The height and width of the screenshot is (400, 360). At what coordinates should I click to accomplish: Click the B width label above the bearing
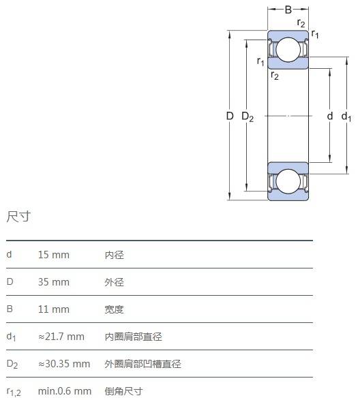coord(288,10)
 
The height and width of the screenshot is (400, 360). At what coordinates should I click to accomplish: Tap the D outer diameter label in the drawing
coord(230,116)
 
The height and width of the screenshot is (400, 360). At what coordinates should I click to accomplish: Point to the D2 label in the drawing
coord(247,117)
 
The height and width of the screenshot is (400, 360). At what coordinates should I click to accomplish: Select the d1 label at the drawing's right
coord(346,117)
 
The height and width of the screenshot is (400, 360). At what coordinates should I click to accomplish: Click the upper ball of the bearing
coord(288,50)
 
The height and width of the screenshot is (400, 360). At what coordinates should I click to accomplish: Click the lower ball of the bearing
coord(288,181)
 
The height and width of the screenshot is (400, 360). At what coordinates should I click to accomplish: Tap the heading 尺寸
coord(18,217)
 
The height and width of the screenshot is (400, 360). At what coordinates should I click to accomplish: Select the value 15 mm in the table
coord(54,255)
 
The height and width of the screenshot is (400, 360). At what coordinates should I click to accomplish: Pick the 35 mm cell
coord(54,282)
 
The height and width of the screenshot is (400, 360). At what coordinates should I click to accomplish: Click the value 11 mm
coord(54,309)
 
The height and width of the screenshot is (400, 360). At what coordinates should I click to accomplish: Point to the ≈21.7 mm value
coord(61,337)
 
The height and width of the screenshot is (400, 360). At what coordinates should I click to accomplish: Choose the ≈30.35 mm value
coord(64,364)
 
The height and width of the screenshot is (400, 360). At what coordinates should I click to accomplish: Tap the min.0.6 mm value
coord(65,391)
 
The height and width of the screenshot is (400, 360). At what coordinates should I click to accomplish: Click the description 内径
coord(114,255)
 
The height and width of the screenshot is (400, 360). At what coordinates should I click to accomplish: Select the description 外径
coord(114,282)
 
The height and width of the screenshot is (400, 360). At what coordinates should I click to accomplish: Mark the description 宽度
coord(114,309)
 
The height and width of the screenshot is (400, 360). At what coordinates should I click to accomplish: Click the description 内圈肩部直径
coord(133,337)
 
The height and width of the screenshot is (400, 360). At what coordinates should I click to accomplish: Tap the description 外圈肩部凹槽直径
coord(142,364)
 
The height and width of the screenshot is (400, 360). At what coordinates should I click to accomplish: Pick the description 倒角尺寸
coord(123,391)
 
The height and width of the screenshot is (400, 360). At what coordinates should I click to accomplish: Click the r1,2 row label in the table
coord(14,392)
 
